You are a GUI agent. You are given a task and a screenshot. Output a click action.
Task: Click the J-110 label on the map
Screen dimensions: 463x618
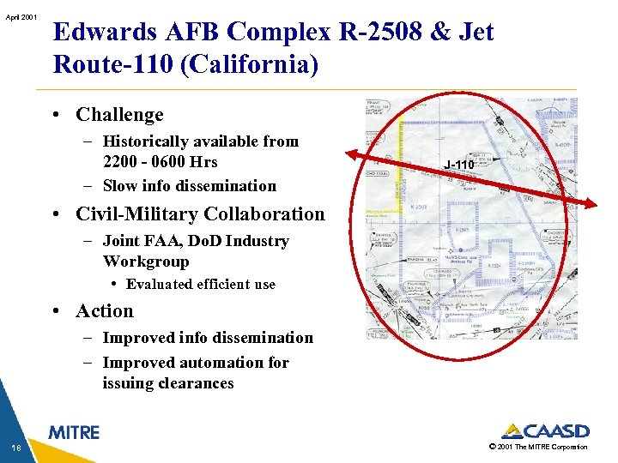[459, 163]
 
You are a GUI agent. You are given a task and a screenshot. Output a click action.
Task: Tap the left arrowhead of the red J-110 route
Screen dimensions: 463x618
[350, 155]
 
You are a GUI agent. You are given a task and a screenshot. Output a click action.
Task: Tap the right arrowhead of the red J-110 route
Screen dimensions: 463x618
[593, 204]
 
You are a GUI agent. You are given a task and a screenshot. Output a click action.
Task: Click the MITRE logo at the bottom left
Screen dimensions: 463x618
[74, 433]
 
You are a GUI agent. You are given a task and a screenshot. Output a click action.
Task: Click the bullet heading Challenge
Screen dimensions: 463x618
[119, 115]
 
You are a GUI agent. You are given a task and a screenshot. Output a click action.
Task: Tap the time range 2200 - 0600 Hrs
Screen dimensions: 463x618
[160, 161]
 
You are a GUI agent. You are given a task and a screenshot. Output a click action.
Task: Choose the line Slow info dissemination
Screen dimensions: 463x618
[189, 185]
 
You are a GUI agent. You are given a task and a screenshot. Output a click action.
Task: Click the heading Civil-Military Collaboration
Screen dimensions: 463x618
[200, 214]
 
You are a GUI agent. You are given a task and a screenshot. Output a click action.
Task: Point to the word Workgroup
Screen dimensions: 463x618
[145, 262]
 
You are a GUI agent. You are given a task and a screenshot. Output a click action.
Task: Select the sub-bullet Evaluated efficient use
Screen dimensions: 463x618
[200, 285]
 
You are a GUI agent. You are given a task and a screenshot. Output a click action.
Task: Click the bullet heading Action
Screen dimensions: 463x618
[105, 311]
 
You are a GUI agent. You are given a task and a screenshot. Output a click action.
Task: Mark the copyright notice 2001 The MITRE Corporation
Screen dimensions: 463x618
[539, 447]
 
